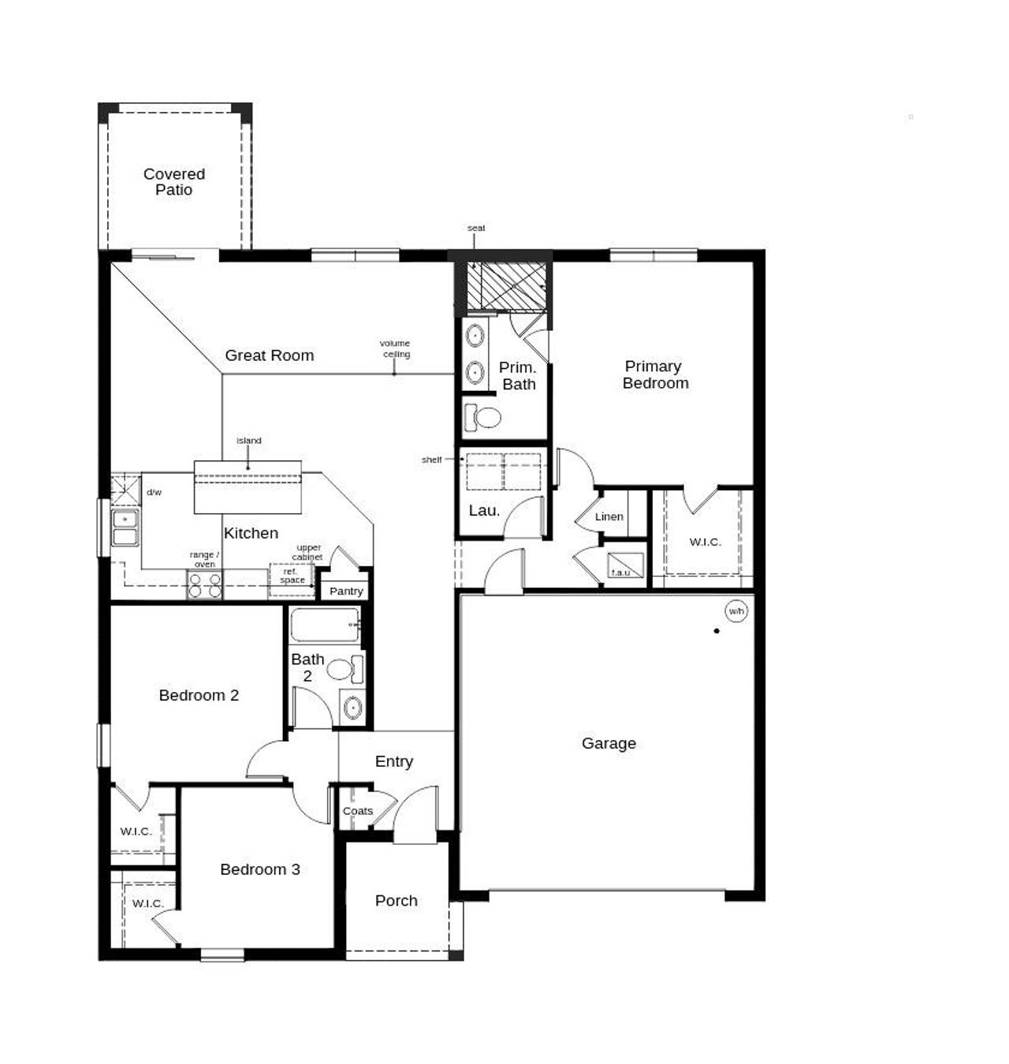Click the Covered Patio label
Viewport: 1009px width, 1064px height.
point(174,182)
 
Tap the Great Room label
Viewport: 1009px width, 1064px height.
point(270,355)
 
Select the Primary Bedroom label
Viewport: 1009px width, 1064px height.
point(654,375)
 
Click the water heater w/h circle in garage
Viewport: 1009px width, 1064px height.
point(735,612)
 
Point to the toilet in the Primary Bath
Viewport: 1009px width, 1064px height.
point(482,417)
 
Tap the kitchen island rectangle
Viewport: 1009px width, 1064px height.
point(248,487)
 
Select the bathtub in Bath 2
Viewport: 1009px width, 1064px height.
point(325,624)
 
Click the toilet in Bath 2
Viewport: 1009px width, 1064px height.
point(344,669)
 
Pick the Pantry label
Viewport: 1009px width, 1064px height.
point(346,591)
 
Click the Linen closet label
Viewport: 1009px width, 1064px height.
point(609,517)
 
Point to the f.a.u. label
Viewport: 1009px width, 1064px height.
point(620,572)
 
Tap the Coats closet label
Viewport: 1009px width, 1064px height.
point(357,811)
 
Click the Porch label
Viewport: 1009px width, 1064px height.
point(397,901)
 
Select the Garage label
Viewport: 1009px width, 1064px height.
point(609,743)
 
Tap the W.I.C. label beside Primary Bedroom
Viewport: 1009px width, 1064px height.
point(705,542)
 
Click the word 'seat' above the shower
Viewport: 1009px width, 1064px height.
point(476,229)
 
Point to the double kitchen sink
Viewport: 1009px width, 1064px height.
point(125,528)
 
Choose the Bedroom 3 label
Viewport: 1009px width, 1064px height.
point(260,869)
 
